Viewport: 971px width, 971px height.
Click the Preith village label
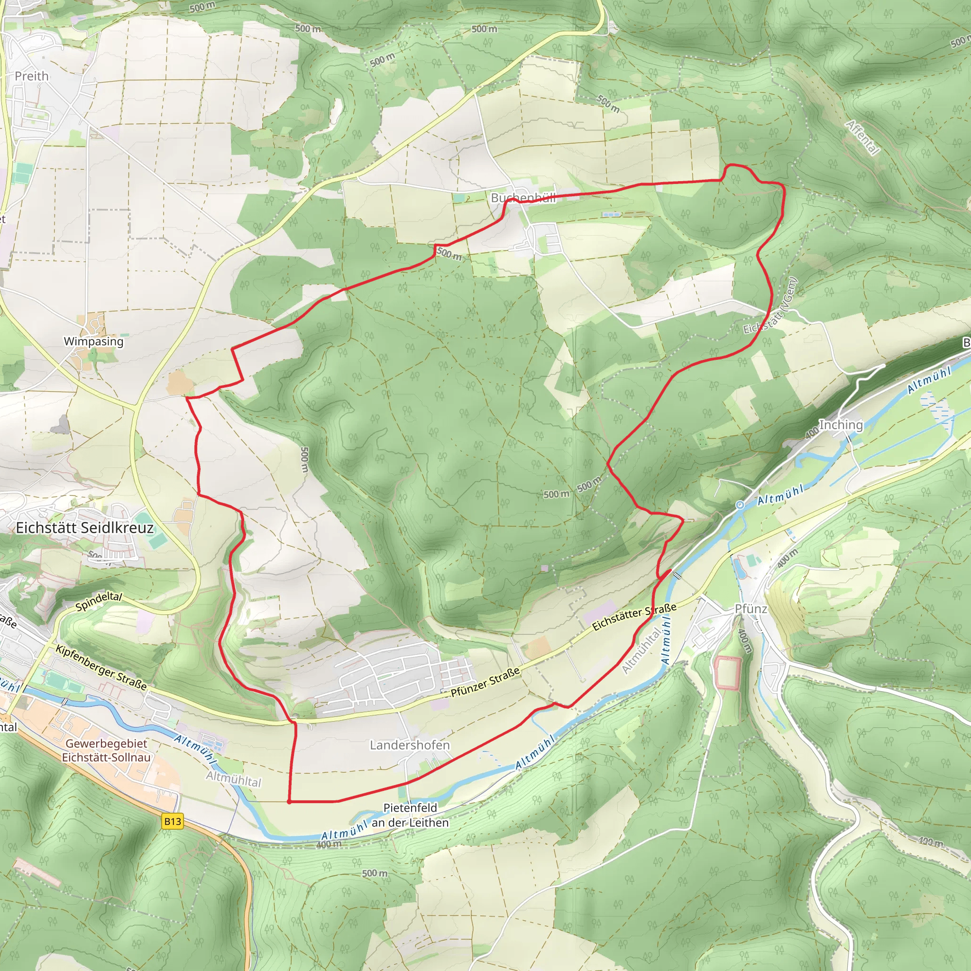(x=32, y=76)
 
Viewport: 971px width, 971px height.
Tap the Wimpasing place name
(x=93, y=341)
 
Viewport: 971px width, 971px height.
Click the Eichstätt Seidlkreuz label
(x=84, y=528)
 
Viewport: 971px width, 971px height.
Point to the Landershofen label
(x=410, y=745)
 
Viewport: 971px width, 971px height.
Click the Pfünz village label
(x=751, y=609)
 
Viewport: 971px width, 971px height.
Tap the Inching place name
(x=841, y=425)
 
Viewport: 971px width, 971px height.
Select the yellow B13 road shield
(x=173, y=821)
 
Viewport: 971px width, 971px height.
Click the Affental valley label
(x=862, y=137)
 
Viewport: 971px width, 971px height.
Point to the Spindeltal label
(x=99, y=601)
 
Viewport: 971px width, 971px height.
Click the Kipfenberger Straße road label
(x=101, y=668)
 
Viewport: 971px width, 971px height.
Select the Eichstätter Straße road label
(x=634, y=617)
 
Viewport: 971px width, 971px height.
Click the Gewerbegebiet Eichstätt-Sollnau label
(x=106, y=751)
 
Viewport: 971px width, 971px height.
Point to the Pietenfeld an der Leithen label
(x=410, y=815)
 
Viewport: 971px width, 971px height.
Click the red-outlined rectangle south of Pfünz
(x=727, y=672)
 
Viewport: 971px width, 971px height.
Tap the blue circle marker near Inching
(x=740, y=505)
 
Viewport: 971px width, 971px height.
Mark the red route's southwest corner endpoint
(x=289, y=802)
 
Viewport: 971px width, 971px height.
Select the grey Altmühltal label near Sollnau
(x=234, y=779)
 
